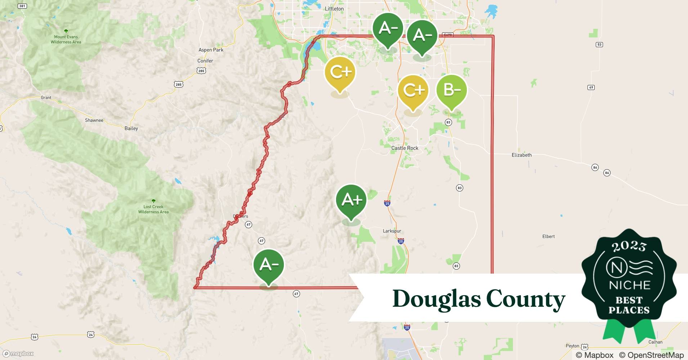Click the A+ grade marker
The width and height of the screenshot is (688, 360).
click(351, 200)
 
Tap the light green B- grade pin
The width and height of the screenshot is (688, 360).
click(451, 90)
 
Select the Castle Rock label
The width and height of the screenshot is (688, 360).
click(405, 148)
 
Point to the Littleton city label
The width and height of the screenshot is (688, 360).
click(334, 9)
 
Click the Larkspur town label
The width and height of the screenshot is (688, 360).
click(392, 231)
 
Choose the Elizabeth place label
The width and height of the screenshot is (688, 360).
click(522, 155)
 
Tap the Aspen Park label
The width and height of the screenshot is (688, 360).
click(211, 50)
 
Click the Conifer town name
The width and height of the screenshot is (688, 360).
click(205, 61)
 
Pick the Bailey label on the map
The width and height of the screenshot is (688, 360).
click(131, 129)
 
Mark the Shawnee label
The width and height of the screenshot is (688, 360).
click(94, 120)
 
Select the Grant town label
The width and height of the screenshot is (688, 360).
click(46, 98)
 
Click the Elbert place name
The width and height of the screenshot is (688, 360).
click(549, 237)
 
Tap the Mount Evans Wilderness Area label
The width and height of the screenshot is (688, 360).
click(66, 39)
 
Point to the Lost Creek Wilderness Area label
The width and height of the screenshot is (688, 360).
click(153, 209)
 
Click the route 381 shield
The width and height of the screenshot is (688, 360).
click(22, 6)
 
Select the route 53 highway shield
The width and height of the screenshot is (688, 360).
click(599, 45)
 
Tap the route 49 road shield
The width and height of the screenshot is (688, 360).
click(591, 87)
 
